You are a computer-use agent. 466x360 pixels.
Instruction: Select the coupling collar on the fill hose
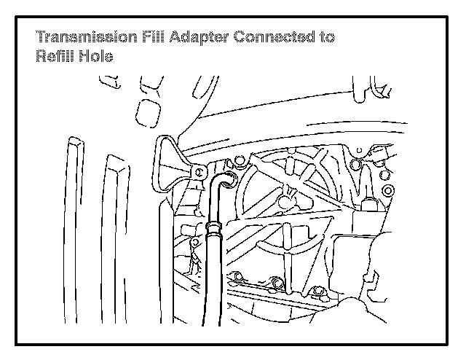(214, 232)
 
